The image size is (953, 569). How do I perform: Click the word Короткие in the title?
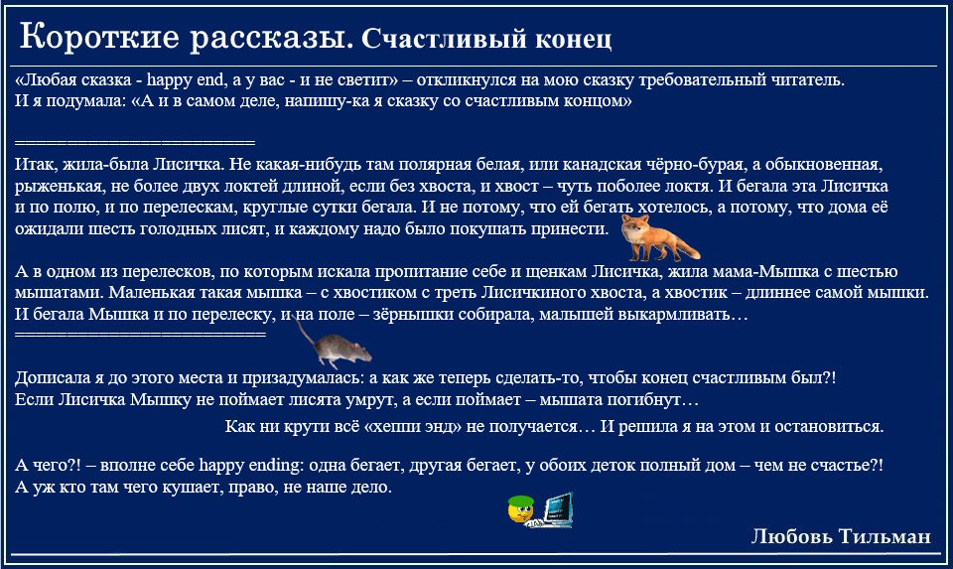[x=99, y=37]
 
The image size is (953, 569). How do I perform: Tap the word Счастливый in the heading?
[x=445, y=40]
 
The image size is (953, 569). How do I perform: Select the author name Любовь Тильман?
[x=841, y=536]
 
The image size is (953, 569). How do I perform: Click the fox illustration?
[x=659, y=237]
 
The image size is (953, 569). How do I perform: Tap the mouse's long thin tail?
[x=305, y=332]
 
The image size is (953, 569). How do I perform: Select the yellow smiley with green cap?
[x=521, y=509]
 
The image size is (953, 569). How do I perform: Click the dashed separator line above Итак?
[x=135, y=143]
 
